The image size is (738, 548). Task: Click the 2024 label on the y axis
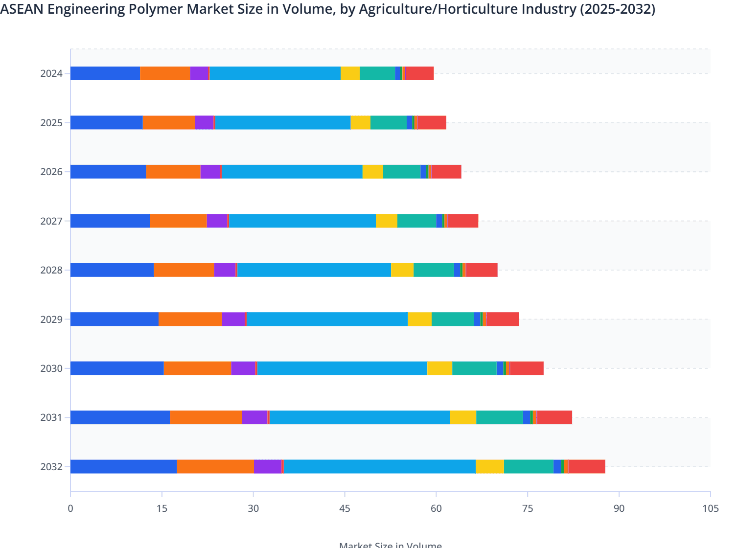(51, 74)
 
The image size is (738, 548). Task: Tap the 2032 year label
(51, 467)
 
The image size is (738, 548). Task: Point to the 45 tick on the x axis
(345, 508)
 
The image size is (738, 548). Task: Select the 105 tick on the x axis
(710, 508)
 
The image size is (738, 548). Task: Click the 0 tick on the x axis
(70, 508)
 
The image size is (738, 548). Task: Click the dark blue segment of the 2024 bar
(105, 73)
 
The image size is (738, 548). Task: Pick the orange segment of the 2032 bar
(215, 466)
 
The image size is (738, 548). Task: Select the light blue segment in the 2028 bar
(314, 270)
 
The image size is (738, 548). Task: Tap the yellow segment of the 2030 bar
(439, 368)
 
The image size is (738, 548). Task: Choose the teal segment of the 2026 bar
(402, 172)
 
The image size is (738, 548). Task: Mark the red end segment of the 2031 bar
(554, 417)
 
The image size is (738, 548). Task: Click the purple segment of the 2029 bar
(233, 319)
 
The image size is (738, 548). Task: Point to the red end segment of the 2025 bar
(432, 122)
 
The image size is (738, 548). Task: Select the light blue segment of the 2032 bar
(379, 466)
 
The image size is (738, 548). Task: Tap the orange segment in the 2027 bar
(178, 221)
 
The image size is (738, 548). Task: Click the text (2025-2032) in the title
(617, 9)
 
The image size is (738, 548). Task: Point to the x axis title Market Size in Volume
(390, 544)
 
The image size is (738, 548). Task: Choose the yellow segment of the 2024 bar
(350, 73)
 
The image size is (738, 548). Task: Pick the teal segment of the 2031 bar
(499, 417)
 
